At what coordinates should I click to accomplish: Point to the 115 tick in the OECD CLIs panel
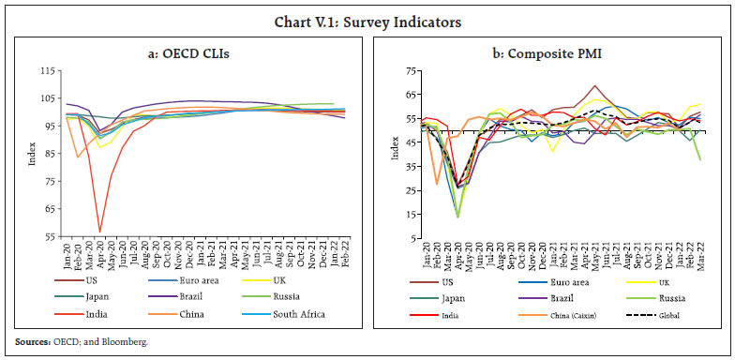[x=42, y=71]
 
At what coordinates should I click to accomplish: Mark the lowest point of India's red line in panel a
[x=99, y=231]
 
